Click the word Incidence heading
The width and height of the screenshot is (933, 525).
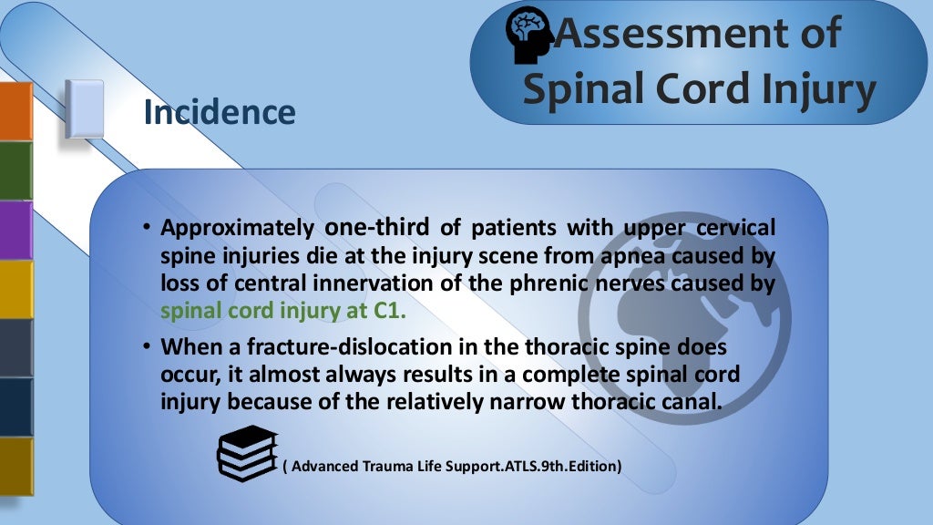(x=220, y=112)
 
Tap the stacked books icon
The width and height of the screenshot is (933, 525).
(x=246, y=453)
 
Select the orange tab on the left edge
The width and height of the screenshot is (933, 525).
(x=15, y=111)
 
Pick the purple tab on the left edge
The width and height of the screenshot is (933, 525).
(x=15, y=230)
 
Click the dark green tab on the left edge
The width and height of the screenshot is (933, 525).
(x=15, y=170)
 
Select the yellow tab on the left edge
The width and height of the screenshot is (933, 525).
(x=15, y=288)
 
